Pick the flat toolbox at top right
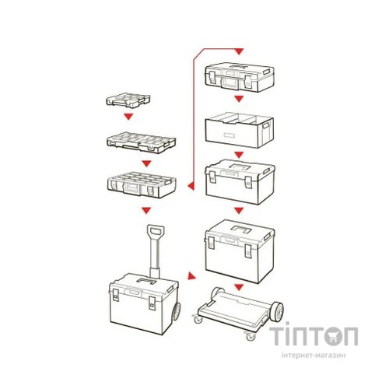(238, 78)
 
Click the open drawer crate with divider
(238, 131)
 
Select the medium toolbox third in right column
(238, 183)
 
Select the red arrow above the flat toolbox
(239, 52)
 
